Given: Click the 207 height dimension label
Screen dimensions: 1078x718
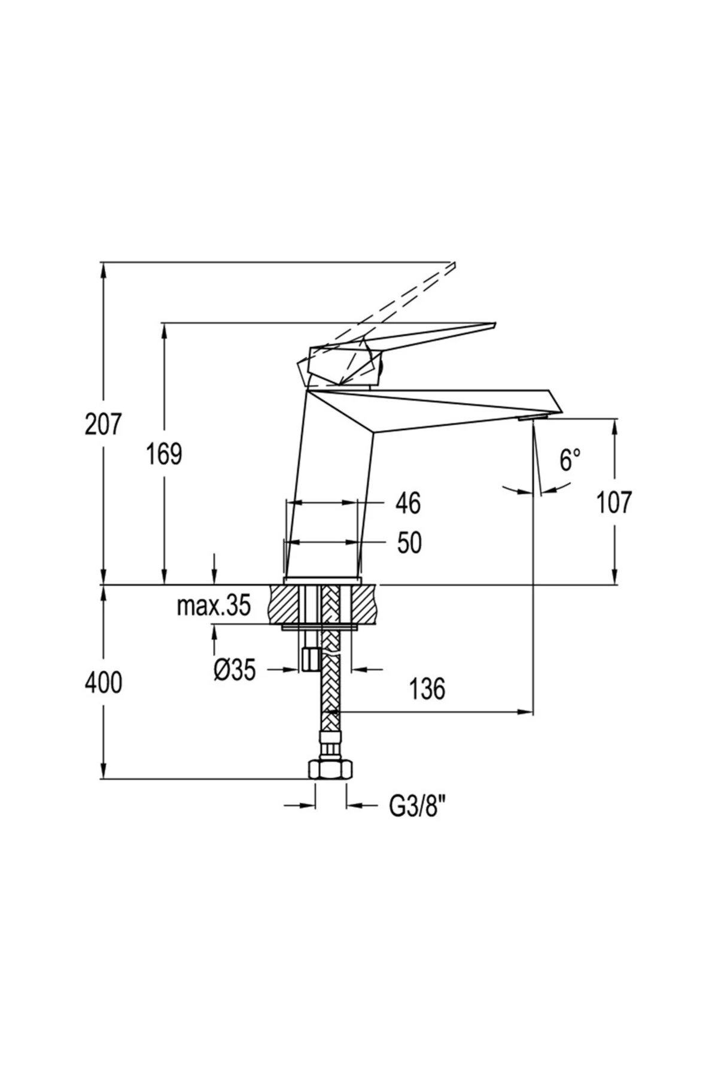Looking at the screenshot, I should [103, 425].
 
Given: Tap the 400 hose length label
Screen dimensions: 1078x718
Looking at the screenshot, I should [103, 682].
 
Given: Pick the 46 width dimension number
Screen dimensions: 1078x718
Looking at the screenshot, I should [409, 503].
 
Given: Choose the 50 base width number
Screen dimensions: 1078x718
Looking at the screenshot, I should [409, 543].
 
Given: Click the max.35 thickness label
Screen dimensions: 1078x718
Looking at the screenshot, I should [213, 607].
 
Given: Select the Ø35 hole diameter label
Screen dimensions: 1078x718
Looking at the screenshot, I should [235, 670].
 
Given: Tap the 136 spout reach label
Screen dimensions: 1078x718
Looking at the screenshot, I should [427, 689].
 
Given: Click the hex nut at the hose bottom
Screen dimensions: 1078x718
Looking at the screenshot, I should [330, 768].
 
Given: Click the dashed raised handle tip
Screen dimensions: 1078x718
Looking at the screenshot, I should [452, 266].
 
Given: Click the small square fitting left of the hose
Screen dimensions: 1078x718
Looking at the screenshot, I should [310, 659].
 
